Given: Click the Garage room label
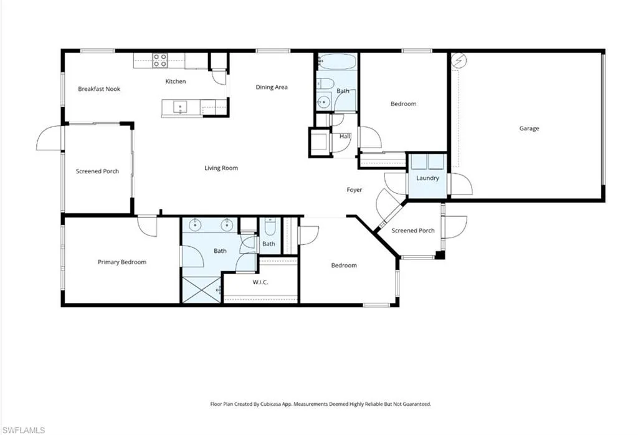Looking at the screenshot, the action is click(x=529, y=128).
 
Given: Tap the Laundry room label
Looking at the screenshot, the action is click(x=427, y=178).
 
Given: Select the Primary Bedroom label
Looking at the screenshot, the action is click(x=121, y=262).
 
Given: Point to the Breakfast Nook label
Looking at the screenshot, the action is click(x=99, y=88).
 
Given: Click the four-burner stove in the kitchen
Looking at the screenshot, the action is click(x=160, y=60).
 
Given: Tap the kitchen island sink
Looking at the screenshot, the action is click(x=180, y=107).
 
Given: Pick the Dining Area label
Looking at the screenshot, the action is click(x=272, y=87).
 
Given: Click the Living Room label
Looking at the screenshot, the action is click(x=221, y=168).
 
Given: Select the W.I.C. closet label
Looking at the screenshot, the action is click(x=260, y=282).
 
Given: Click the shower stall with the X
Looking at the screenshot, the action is click(x=201, y=289).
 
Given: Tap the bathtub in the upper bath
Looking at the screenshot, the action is click(x=337, y=62).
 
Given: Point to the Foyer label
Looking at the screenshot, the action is click(x=354, y=189).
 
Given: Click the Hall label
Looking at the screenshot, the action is click(x=345, y=136).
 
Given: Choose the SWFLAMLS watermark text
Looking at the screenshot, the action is click(x=24, y=430).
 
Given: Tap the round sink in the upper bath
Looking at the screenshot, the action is click(x=324, y=102).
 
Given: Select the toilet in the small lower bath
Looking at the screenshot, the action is click(x=269, y=227).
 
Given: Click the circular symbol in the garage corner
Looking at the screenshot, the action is click(x=459, y=60).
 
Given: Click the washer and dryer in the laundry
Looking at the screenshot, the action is click(x=427, y=161).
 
